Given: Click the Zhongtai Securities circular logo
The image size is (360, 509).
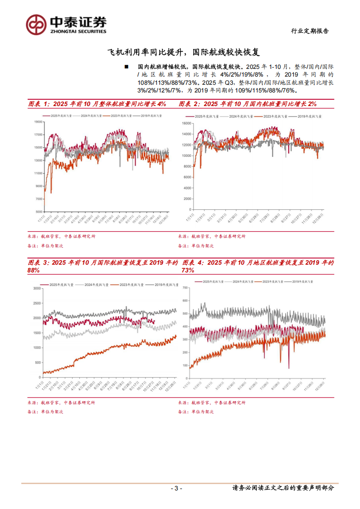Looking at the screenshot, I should coord(36,24).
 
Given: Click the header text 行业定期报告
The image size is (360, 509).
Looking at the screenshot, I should coord(310,31).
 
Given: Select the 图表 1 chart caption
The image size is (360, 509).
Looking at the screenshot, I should coord(97,104).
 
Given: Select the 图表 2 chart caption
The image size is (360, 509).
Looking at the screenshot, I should coord(248,104).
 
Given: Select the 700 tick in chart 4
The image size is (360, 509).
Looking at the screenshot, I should coord(185,288).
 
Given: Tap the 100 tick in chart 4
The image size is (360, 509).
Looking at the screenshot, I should coord(185,365).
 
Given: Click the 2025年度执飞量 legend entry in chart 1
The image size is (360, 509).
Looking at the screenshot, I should coord(59,116).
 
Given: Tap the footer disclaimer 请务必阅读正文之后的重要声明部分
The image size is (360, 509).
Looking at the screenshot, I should coord(283,488).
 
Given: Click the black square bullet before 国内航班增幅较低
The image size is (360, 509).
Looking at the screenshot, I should coord(126,67).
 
